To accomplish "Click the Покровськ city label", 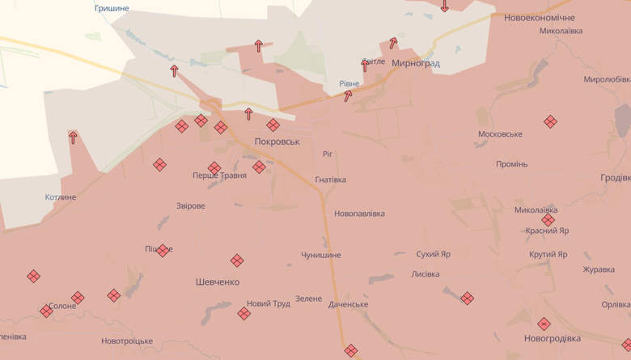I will (x=277, y=141).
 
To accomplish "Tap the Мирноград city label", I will (x=415, y=62).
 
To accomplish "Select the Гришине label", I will (x=111, y=8).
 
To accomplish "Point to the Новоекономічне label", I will (x=539, y=17).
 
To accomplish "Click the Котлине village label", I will (x=61, y=197).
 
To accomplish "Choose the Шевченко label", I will (x=217, y=282).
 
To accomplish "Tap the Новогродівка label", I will (x=552, y=338).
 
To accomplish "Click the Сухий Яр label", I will (x=434, y=254).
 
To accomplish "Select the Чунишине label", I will (x=321, y=255).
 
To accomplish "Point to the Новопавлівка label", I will (x=359, y=214).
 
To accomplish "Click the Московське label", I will (x=500, y=134).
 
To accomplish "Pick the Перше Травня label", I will (x=219, y=175).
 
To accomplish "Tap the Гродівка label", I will (x=616, y=178).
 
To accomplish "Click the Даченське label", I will (x=349, y=304).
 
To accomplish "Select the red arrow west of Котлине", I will (x=73, y=138).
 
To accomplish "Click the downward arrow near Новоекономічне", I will (x=444, y=6).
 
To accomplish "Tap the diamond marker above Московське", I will (x=550, y=121).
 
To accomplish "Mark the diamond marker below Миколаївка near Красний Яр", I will (x=548, y=220).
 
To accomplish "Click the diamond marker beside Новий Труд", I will (x=244, y=313).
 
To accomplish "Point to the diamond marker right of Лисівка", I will (x=467, y=298).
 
